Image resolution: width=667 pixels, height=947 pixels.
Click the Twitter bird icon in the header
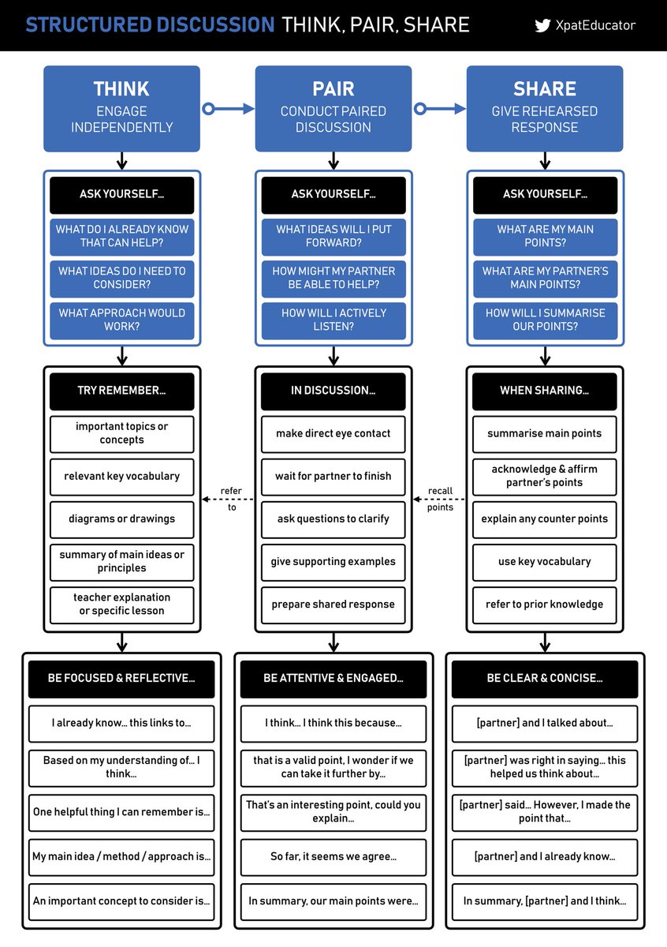point(542,25)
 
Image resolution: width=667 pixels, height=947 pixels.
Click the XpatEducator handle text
point(594,25)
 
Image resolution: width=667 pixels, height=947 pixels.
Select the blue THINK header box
point(121,108)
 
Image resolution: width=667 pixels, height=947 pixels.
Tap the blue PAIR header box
point(333,108)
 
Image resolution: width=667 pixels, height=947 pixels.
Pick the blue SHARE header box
point(545,108)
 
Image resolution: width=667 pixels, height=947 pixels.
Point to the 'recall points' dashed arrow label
point(440,499)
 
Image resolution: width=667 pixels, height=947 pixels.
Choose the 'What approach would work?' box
point(121,320)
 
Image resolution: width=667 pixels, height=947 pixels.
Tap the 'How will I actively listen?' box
point(333,320)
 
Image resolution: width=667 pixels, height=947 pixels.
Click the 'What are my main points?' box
point(545,236)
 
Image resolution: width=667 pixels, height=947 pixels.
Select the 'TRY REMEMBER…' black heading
point(121,391)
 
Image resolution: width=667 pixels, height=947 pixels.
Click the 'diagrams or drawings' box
point(121,519)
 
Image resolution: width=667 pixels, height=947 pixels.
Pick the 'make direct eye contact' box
point(333,434)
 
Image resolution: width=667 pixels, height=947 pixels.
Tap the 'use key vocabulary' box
point(545,562)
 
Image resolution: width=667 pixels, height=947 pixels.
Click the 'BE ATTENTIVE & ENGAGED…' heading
point(333,679)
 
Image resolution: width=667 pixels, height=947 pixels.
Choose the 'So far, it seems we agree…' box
point(333,856)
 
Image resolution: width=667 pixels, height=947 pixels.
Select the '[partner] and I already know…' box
point(545,856)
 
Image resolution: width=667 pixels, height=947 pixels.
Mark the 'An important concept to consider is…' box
point(121,901)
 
